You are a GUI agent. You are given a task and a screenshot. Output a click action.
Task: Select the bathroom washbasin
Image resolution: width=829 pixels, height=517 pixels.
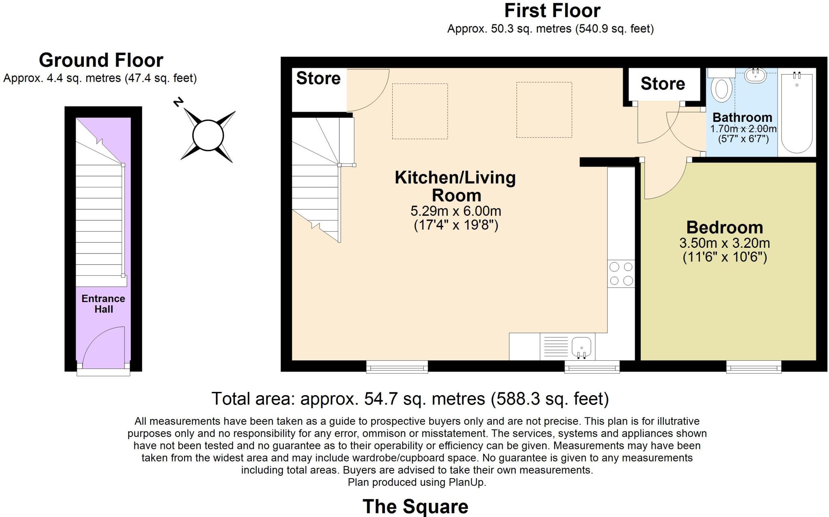(755, 75)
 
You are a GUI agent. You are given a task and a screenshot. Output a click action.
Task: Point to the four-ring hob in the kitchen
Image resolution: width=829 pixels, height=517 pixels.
(621, 274)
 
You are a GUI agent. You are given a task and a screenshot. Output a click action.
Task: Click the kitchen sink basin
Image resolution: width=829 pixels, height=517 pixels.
(582, 347)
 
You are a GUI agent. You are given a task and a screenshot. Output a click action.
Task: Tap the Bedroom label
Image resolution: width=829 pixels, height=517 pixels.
(725, 227)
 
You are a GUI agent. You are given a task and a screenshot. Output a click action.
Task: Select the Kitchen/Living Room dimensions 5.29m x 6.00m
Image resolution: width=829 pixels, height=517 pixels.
(456, 211)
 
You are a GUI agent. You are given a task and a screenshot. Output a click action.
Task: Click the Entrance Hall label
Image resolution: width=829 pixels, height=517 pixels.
(103, 304)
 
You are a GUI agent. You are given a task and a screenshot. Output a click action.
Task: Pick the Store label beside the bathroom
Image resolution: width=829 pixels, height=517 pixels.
(663, 84)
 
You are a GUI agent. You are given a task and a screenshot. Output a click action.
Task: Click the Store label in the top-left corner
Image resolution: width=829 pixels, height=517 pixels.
(318, 78)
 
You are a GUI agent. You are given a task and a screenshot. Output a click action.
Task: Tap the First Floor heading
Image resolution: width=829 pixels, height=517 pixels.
(552, 11)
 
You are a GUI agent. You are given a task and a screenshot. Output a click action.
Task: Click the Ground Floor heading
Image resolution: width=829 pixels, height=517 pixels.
(101, 60)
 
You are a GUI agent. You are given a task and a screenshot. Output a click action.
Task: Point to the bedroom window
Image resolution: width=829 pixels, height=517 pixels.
(754, 367)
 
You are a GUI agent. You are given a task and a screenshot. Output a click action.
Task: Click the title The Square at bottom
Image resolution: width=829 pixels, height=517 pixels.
(415, 506)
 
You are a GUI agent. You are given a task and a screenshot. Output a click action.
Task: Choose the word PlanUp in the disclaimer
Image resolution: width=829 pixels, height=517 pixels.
(467, 482)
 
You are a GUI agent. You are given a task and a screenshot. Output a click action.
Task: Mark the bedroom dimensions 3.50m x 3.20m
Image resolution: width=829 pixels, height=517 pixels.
(725, 243)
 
